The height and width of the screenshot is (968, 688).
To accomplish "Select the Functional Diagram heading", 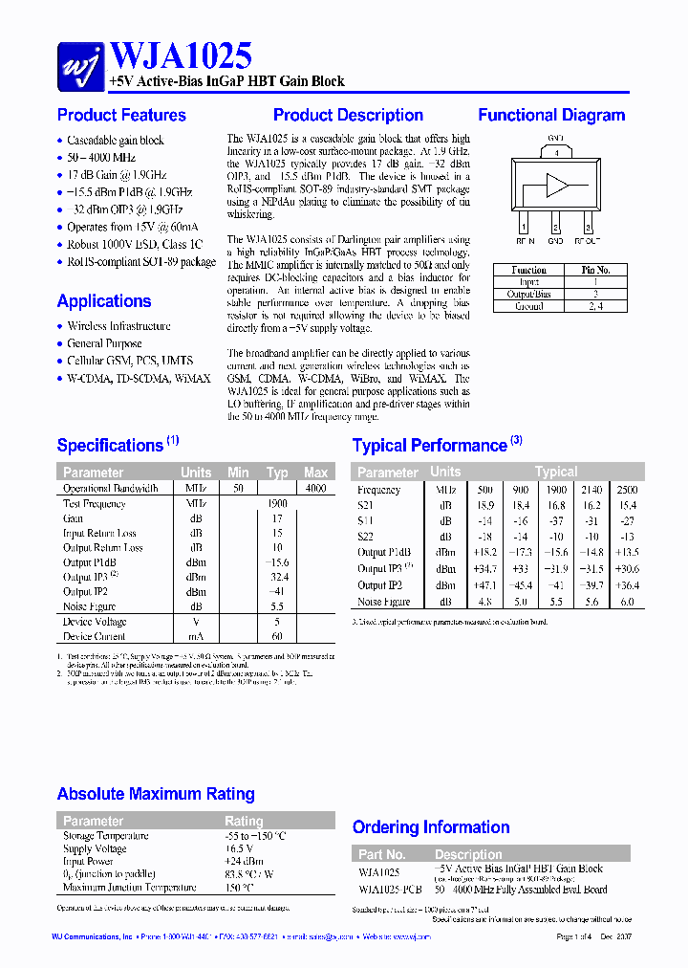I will (x=551, y=116).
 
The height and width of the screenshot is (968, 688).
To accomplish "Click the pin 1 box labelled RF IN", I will (x=523, y=227).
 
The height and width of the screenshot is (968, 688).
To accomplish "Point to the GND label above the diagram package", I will (x=555, y=139).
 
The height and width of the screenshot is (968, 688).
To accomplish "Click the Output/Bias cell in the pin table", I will (x=528, y=295).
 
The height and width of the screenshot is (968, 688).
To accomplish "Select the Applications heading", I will (x=104, y=301).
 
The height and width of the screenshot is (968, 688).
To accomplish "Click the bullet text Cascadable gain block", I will (x=116, y=141).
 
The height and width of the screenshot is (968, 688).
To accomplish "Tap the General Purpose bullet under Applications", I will (x=104, y=343).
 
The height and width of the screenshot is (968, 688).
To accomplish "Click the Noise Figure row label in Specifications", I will (x=89, y=606).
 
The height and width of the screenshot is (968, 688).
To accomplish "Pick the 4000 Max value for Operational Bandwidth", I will (x=315, y=489).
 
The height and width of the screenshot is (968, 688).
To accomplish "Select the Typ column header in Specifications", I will (x=277, y=473).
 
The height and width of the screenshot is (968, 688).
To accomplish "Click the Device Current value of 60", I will (x=277, y=636).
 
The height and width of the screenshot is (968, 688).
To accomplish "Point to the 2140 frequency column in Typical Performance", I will (x=591, y=490).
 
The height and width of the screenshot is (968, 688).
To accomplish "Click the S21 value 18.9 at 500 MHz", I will (x=484, y=505).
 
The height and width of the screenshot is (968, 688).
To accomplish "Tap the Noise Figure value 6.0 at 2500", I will (x=626, y=602).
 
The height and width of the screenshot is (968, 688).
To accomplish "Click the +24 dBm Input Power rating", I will (x=239, y=862).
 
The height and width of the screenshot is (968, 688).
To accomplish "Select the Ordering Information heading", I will (x=431, y=827).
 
